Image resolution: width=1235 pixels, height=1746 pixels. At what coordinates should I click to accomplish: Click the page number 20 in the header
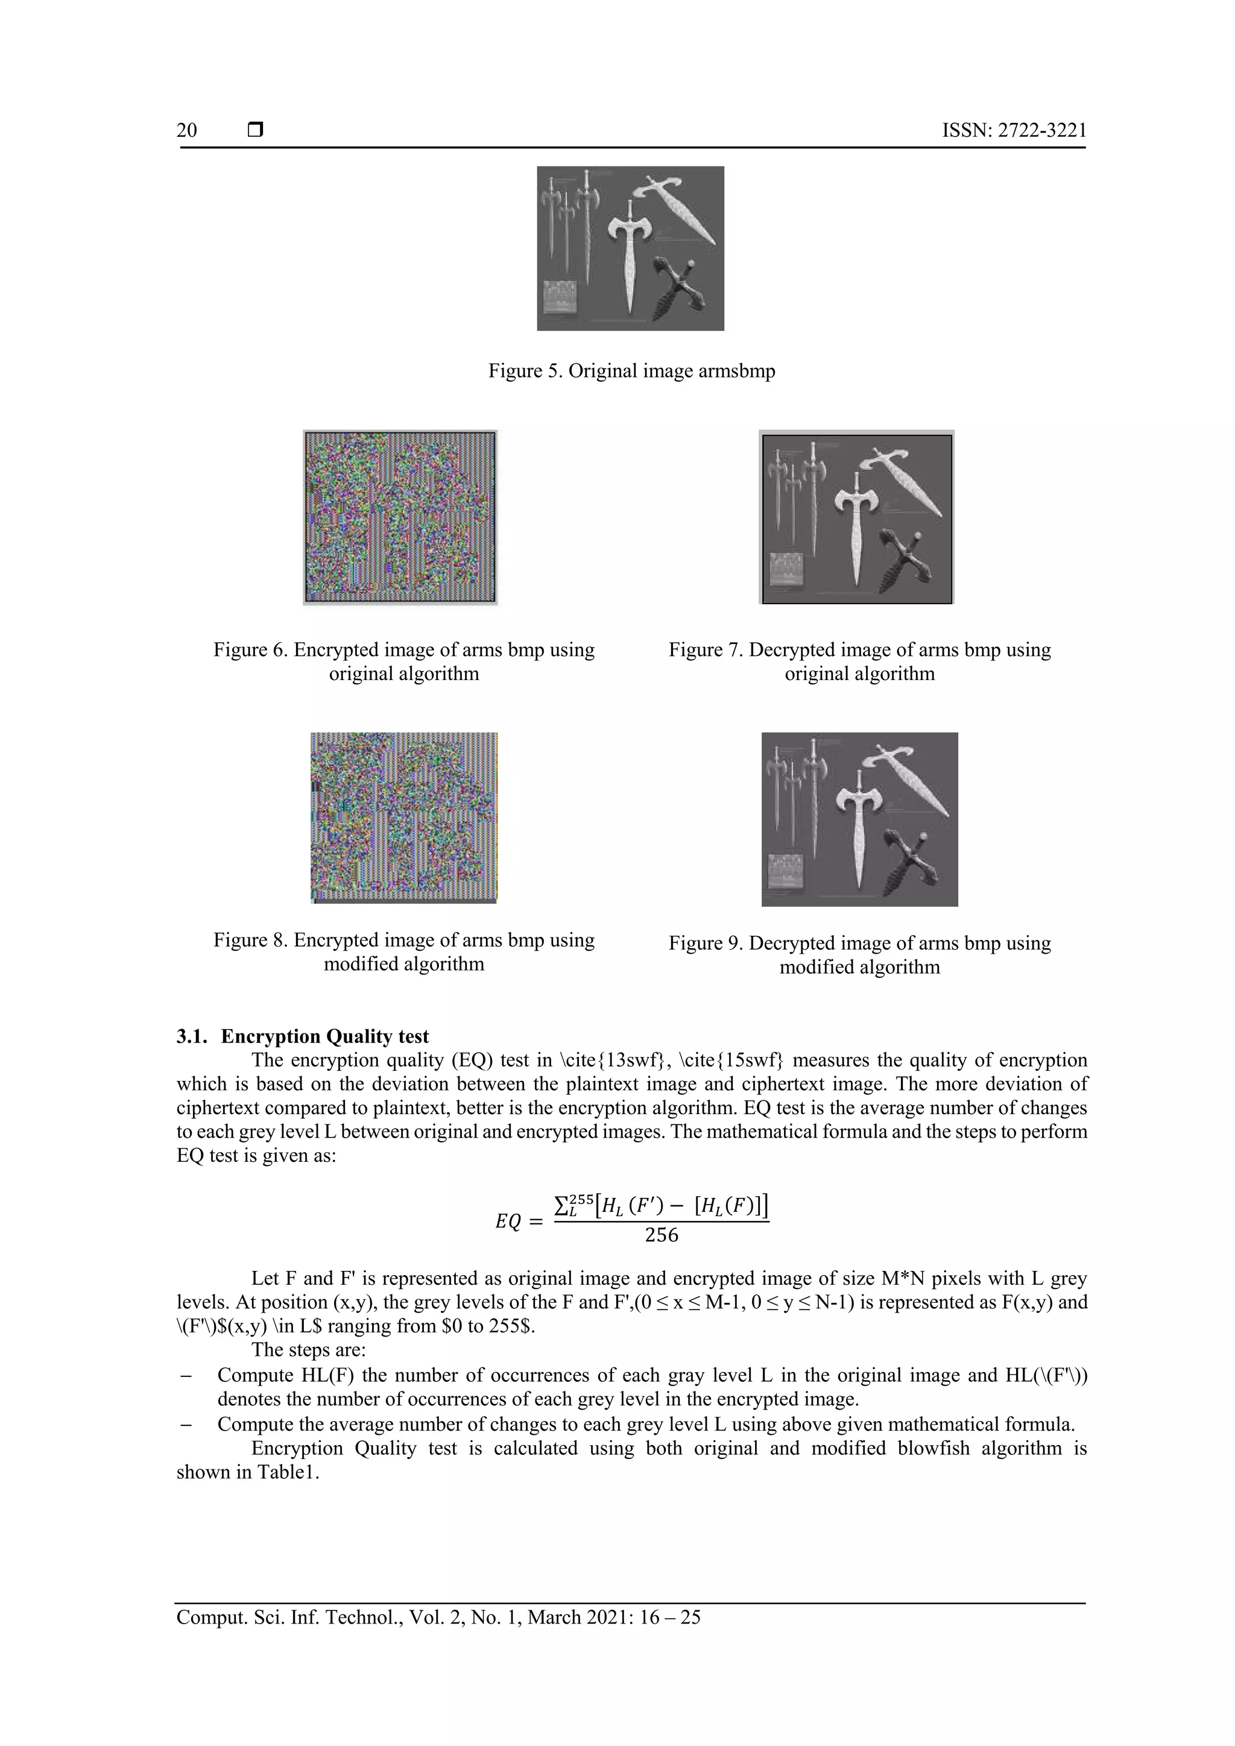click(186, 130)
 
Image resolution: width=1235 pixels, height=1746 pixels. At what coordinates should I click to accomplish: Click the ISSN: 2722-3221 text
click(1014, 130)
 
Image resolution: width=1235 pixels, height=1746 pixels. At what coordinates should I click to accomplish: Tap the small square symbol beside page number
click(256, 130)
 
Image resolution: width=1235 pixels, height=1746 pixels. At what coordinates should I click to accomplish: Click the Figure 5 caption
click(631, 371)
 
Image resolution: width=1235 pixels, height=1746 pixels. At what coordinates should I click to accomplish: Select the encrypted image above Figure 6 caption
click(400, 517)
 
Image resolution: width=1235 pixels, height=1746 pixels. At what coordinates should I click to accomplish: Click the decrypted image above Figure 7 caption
click(857, 518)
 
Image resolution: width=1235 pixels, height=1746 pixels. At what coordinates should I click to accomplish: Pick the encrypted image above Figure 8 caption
click(404, 818)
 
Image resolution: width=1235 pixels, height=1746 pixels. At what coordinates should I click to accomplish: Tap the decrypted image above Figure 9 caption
click(859, 819)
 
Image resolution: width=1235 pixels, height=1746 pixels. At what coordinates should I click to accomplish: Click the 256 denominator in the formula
click(661, 1235)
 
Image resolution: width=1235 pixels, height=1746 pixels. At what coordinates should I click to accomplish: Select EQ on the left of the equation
click(508, 1221)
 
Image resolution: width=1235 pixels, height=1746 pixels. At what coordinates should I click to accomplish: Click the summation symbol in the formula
click(561, 1205)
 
